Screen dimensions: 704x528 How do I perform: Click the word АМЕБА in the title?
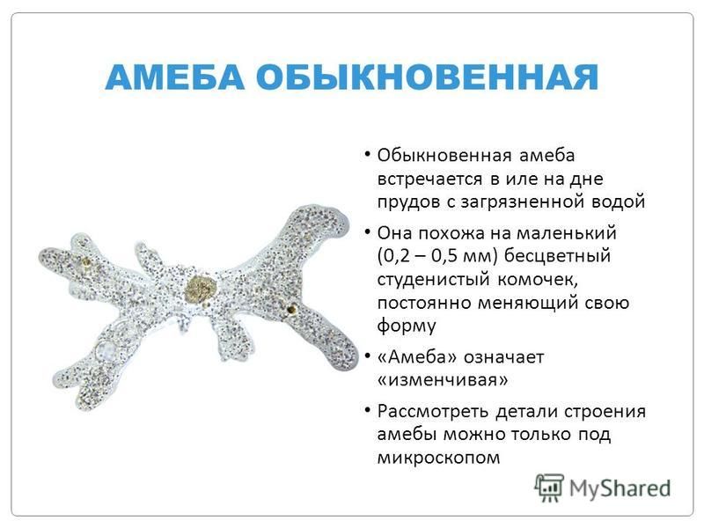[175, 77]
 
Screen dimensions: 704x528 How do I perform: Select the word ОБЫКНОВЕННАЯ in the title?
[428, 77]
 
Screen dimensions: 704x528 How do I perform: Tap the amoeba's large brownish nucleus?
[201, 289]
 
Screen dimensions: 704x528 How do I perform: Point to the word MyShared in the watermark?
[620, 488]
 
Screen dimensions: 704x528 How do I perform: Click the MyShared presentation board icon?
[548, 488]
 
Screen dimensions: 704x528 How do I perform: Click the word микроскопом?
[438, 458]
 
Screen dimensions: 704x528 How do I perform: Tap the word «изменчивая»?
[443, 380]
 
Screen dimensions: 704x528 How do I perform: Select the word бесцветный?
[557, 256]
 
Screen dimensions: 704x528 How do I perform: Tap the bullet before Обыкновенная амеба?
[367, 155]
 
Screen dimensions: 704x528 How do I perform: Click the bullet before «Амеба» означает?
[367, 357]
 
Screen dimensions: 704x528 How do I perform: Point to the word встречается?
[430, 180]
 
